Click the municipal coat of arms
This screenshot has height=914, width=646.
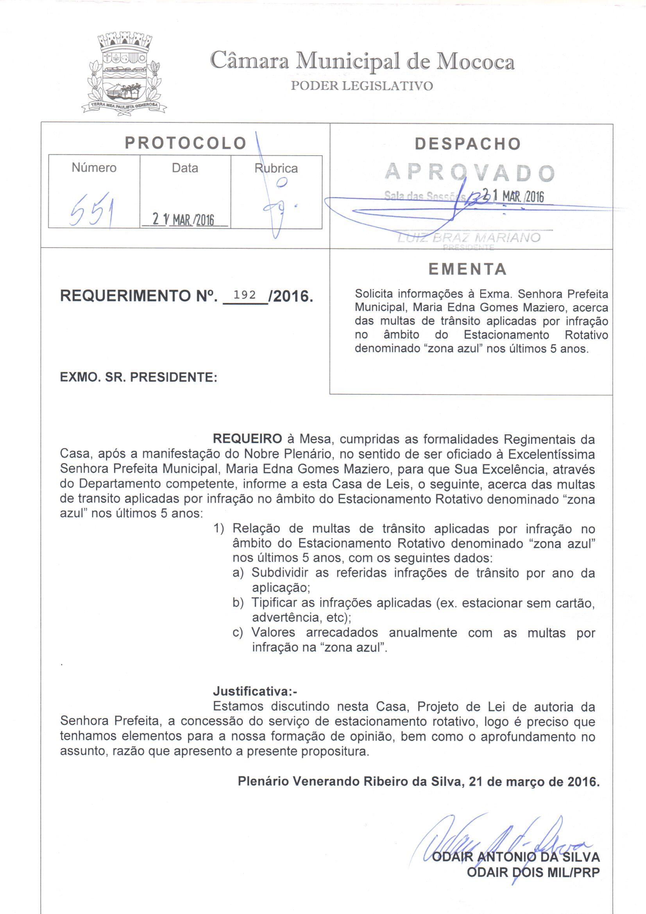[x=124, y=74]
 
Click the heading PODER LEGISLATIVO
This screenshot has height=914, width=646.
[x=362, y=86]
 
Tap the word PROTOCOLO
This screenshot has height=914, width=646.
[x=186, y=143]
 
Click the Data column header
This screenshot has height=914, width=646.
[x=185, y=168]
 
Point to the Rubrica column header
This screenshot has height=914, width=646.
[x=276, y=168]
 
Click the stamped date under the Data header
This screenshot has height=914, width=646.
[x=184, y=219]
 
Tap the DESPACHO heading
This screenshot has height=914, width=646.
[x=468, y=144]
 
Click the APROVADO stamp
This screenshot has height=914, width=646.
[x=470, y=173]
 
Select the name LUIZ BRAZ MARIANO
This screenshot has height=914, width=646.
[x=469, y=238]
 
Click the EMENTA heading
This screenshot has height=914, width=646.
[x=468, y=269]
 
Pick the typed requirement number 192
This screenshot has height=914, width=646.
[x=245, y=295]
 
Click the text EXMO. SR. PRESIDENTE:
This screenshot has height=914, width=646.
[x=138, y=377]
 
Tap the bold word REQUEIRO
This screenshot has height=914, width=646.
[x=247, y=439]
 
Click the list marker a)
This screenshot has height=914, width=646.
[x=238, y=573]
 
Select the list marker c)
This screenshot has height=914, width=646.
[x=238, y=633]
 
